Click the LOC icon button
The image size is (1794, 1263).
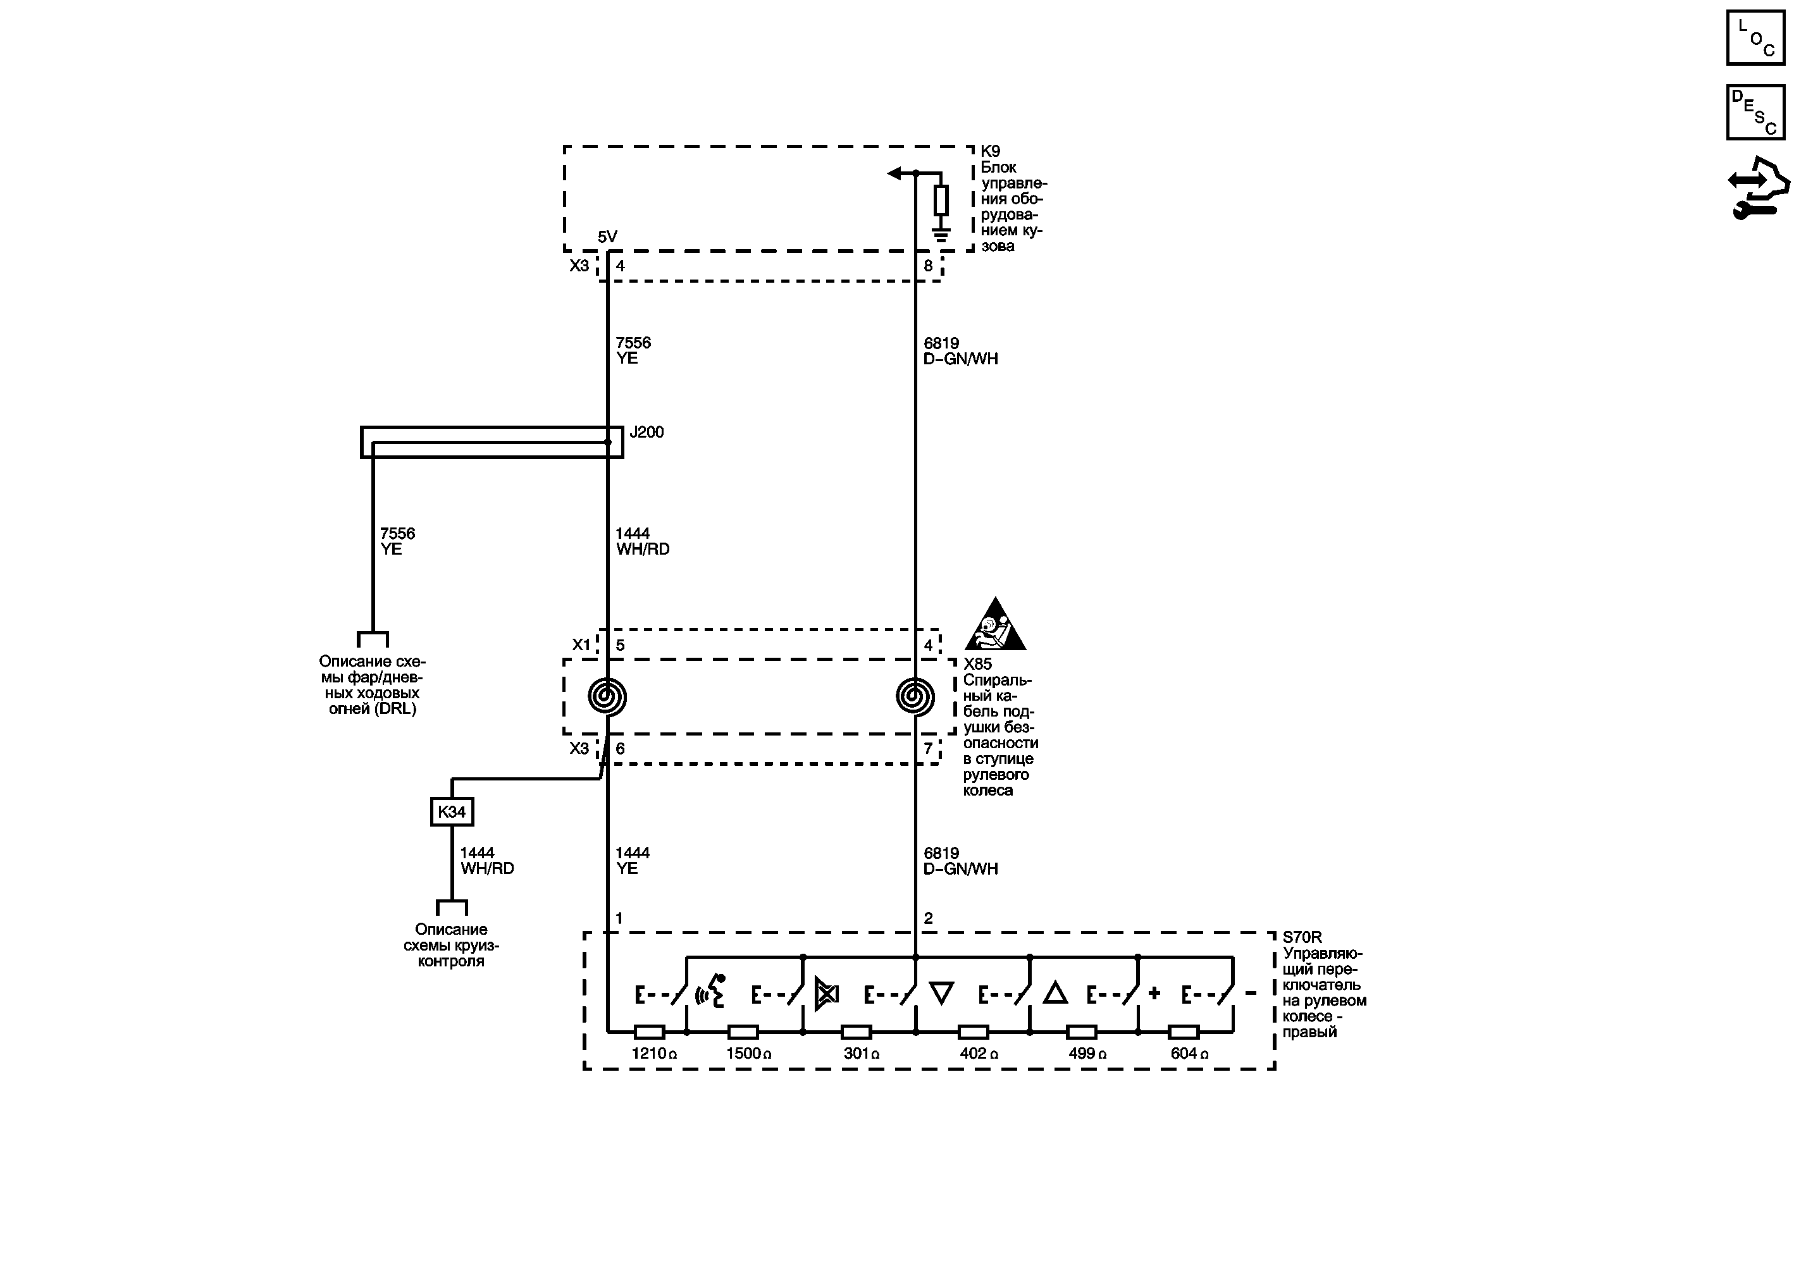click(1755, 37)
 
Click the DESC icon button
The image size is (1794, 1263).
click(1755, 113)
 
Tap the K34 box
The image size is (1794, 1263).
click(452, 811)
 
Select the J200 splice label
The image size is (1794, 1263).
click(646, 432)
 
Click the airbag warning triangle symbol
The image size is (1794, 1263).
click(994, 625)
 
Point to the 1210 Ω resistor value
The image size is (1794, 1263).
click(654, 1054)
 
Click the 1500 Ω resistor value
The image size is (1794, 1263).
click(748, 1054)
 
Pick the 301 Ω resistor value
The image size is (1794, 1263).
click(861, 1054)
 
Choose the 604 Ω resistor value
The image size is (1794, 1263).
click(1189, 1054)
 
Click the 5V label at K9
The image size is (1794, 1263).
click(607, 237)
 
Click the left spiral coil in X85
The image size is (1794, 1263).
click(607, 696)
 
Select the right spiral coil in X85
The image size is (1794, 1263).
click(915, 696)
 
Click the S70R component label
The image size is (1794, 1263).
click(1302, 937)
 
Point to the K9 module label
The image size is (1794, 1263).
click(990, 151)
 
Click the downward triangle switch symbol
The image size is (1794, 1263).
click(941, 994)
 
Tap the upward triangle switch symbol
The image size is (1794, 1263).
click(1055, 994)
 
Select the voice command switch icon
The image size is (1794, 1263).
click(710, 992)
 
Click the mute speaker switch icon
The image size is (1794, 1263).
click(827, 994)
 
